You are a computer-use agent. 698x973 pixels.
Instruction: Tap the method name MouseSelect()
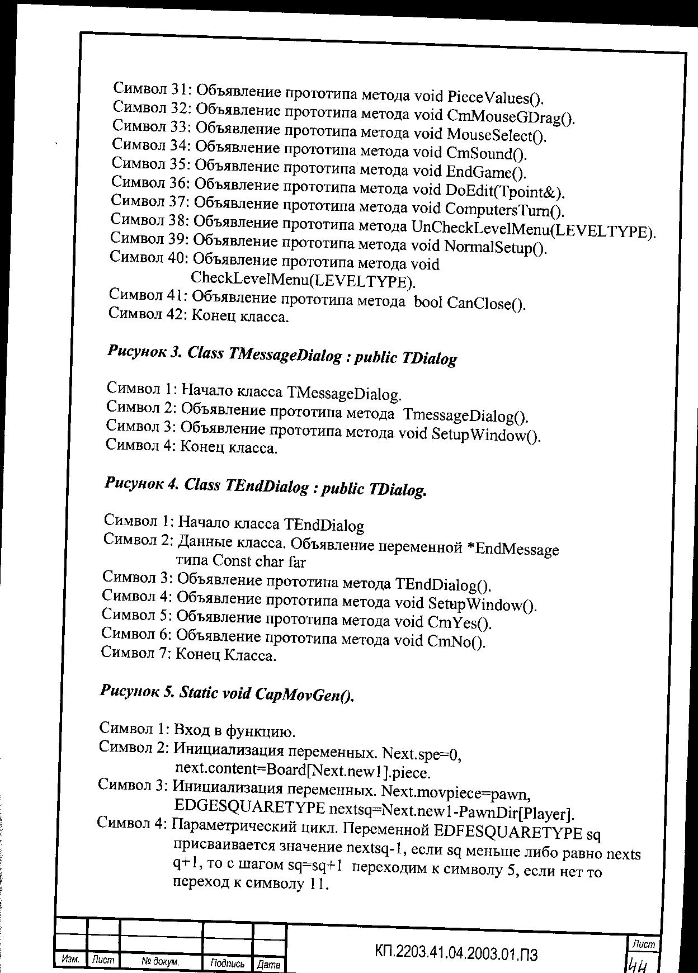point(496,135)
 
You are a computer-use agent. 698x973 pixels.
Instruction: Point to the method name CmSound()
point(487,153)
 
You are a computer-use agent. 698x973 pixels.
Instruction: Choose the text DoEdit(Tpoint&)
point(504,191)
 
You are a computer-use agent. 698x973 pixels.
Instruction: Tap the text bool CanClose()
point(469,303)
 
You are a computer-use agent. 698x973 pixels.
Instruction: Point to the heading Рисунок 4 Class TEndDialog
point(266,487)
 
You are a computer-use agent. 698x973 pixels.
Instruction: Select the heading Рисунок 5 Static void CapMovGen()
point(228,693)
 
